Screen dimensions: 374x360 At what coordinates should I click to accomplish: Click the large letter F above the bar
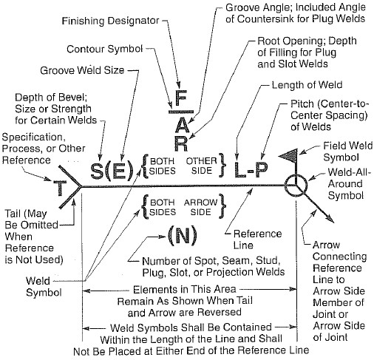tap(181, 98)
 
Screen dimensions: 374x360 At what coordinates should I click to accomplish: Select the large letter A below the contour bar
tap(181, 125)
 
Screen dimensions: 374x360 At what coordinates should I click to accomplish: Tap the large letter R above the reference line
tap(181, 143)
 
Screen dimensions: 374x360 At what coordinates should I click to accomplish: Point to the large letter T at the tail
tap(60, 188)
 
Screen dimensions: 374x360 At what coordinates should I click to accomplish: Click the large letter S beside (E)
tap(97, 171)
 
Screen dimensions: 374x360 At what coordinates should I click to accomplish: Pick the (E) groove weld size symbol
tap(119, 171)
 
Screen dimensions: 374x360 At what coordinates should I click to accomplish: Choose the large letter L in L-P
tap(240, 170)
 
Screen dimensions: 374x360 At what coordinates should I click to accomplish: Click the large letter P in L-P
tap(261, 170)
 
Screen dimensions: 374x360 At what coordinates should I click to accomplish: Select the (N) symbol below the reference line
tap(183, 236)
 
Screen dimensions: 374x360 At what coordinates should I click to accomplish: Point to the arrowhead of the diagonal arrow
tap(330, 218)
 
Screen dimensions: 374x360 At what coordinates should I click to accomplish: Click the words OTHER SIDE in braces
tap(201, 166)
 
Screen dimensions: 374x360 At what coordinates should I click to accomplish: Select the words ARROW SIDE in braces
tap(200, 207)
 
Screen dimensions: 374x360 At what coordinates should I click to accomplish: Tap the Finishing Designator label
tap(110, 21)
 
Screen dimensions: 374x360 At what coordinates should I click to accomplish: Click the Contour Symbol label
tap(105, 49)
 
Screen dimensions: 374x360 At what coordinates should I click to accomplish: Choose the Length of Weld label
tap(307, 85)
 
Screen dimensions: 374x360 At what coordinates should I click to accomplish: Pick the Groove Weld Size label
tap(82, 70)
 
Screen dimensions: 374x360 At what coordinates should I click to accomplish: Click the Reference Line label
tap(257, 240)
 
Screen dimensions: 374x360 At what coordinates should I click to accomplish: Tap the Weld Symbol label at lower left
tap(44, 287)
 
